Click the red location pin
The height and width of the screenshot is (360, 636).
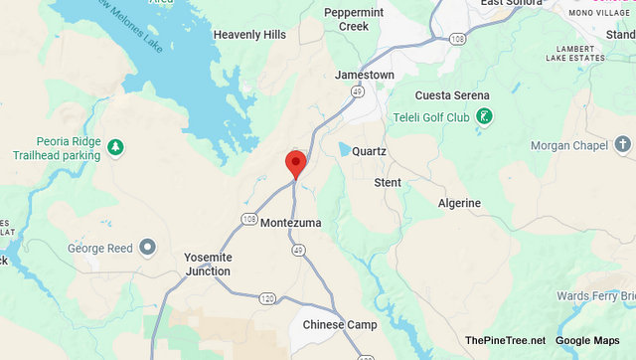click(x=295, y=164)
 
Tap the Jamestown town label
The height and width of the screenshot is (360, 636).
click(x=364, y=76)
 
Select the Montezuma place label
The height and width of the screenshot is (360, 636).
click(x=290, y=223)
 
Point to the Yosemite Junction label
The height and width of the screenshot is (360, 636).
click(x=208, y=264)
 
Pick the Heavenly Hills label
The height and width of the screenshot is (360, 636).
click(x=249, y=35)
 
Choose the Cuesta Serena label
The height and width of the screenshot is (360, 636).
click(x=452, y=95)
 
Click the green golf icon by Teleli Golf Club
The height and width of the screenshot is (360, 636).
click(x=484, y=118)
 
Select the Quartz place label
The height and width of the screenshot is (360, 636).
click(x=369, y=152)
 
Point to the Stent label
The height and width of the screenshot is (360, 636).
click(x=388, y=183)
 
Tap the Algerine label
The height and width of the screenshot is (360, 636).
click(x=459, y=203)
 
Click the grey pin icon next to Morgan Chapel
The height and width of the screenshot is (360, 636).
click(x=623, y=146)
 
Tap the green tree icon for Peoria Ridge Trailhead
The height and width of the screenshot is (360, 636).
click(x=115, y=148)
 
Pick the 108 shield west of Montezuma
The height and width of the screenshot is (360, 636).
click(x=248, y=218)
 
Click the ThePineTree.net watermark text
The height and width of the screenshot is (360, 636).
click(x=505, y=341)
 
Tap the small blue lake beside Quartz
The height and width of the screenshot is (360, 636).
click(x=344, y=150)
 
